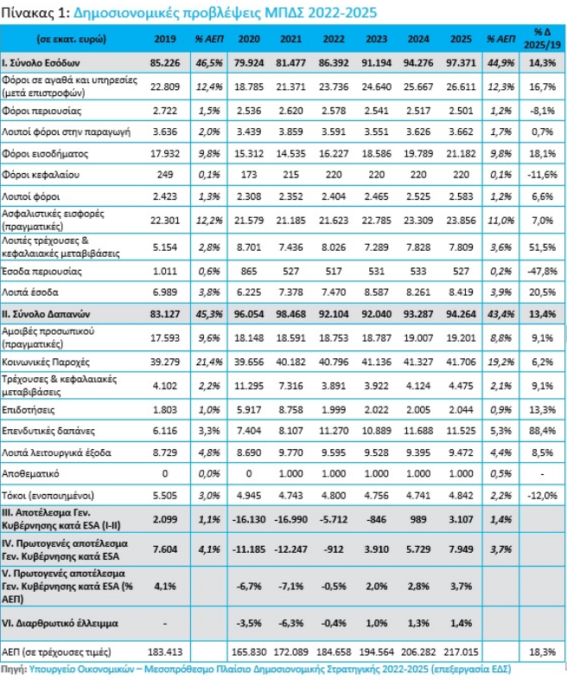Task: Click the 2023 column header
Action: click(376, 39)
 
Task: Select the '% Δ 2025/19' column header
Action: click(542, 39)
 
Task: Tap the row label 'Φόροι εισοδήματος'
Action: click(45, 154)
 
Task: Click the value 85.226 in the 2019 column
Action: click(165, 63)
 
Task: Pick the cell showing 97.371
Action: click(461, 63)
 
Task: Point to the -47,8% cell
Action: click(542, 272)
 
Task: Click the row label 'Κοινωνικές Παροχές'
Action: click(46, 362)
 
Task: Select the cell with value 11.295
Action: click(249, 386)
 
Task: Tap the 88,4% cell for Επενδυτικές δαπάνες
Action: click(542, 431)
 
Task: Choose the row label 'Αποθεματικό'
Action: click(30, 474)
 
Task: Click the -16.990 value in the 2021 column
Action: click(290, 520)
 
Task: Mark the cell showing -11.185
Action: click(249, 549)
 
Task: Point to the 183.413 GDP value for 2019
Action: click(165, 651)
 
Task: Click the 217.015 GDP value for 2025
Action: click(461, 651)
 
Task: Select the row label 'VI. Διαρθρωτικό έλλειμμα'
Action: click(61, 624)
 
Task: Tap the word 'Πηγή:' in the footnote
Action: click(15, 669)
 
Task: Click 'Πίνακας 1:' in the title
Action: click(35, 13)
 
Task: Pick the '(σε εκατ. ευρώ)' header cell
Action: click(72, 39)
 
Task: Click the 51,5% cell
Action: click(542, 247)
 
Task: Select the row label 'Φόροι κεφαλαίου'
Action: click(41, 176)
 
